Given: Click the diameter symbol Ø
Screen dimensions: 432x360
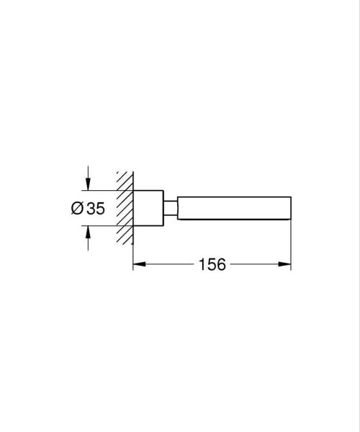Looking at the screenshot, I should pos(77,209).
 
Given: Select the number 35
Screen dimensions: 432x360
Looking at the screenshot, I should pos(95,209).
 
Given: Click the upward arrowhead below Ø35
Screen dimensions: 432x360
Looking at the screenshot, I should pos(88,231).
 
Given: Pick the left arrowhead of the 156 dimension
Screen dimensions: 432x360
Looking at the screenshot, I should pos(138,265).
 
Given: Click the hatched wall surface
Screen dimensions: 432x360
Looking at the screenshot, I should pos(125,209).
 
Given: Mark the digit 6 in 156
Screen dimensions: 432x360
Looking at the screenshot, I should pos(222,265).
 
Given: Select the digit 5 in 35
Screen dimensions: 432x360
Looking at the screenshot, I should pos(100,209).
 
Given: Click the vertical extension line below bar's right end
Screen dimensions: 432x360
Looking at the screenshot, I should pos(290,245).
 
